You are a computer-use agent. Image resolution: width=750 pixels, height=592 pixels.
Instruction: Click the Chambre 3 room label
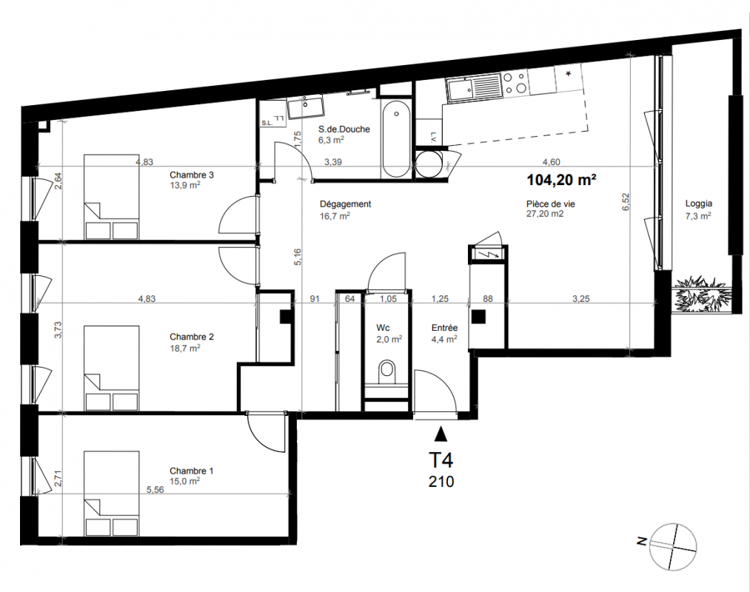click(191, 175)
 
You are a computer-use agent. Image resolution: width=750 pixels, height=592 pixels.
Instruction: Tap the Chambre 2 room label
click(191, 337)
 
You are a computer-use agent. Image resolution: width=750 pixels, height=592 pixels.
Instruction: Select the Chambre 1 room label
click(191, 471)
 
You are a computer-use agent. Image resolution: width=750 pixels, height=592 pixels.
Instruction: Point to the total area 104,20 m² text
click(561, 180)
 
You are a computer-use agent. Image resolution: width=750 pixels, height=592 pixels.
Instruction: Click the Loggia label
click(698, 203)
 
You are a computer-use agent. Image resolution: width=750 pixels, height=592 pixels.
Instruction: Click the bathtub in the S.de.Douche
click(396, 138)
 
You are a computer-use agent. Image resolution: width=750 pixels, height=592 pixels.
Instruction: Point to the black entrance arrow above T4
click(441, 434)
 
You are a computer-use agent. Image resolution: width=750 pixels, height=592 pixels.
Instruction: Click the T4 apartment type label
click(441, 460)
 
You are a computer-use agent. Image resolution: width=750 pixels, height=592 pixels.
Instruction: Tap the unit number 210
click(441, 482)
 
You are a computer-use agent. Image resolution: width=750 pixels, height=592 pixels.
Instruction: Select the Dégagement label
click(345, 204)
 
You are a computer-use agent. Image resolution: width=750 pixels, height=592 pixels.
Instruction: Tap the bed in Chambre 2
click(112, 369)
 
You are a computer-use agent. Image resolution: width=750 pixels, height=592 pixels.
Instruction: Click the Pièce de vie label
click(550, 204)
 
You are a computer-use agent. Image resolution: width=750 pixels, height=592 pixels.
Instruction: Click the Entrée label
click(444, 328)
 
